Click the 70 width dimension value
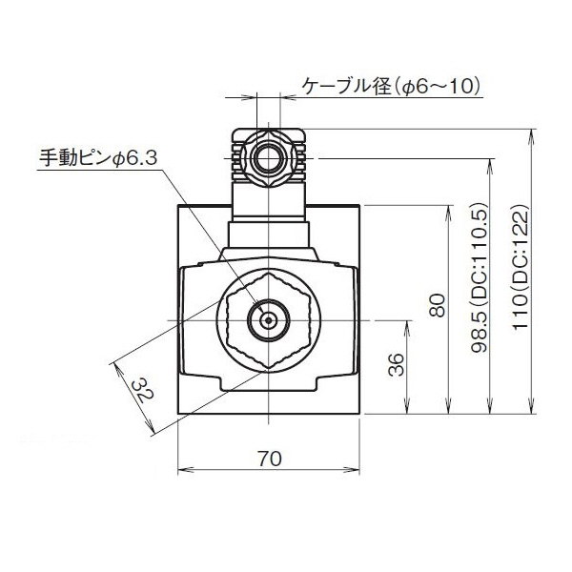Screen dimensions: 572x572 [270, 458]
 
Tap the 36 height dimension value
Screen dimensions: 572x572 [398, 365]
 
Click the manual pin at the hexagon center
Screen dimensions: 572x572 [269, 320]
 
